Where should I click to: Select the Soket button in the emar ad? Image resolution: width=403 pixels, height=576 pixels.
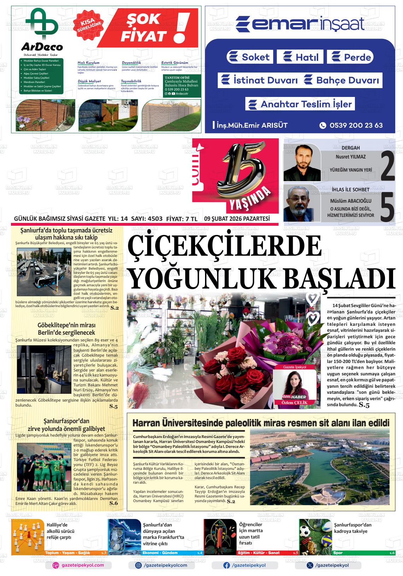[250, 57]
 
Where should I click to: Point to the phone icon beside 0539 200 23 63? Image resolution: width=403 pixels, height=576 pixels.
[322, 125]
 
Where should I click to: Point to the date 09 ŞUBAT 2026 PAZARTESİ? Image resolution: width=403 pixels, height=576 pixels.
[237, 219]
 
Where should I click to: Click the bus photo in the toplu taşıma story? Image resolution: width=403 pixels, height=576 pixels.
[44, 272]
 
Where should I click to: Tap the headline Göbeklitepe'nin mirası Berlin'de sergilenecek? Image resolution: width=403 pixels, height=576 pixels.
[66, 329]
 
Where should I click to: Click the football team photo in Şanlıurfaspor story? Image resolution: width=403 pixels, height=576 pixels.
[44, 467]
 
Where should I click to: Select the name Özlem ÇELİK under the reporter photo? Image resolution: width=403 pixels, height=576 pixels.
[294, 403]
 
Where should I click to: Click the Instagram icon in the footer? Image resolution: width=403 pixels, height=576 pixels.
[139, 565]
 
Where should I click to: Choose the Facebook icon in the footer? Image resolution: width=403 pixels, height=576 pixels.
[226, 565]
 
